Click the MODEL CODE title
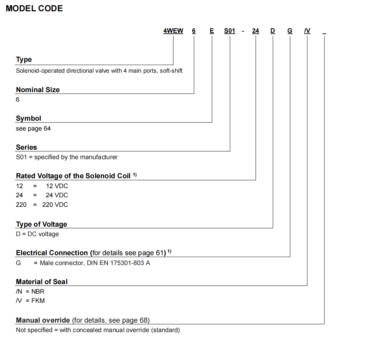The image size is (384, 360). click(x=34, y=8)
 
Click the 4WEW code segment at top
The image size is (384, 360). click(x=173, y=31)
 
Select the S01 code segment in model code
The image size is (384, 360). click(x=230, y=31)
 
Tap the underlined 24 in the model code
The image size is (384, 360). click(x=256, y=31)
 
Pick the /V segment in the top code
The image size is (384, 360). click(x=307, y=31)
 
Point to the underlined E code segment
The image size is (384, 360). click(x=212, y=31)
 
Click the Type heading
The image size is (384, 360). click(x=24, y=60)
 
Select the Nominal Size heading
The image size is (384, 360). click(x=38, y=90)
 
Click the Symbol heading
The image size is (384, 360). click(x=29, y=119)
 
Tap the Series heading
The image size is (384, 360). click(x=26, y=147)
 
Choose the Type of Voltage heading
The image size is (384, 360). click(x=41, y=224)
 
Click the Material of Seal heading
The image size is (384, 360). click(x=42, y=282)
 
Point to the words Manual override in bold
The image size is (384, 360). click(x=43, y=320)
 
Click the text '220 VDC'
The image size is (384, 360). click(x=55, y=205)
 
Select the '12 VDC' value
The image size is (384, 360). click(x=57, y=186)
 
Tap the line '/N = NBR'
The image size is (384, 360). click(x=30, y=292)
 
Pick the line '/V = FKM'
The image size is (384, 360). click(x=30, y=301)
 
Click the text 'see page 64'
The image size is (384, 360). click(x=33, y=128)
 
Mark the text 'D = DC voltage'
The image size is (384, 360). click(x=37, y=234)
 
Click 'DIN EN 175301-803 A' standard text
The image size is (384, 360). click(x=118, y=263)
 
